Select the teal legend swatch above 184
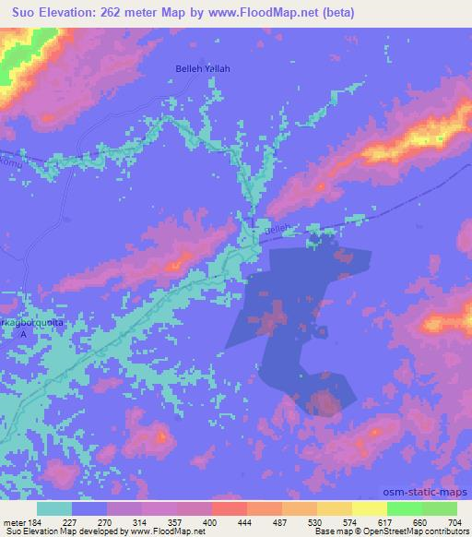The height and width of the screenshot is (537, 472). [54, 508]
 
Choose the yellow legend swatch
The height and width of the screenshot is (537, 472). [369, 508]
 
